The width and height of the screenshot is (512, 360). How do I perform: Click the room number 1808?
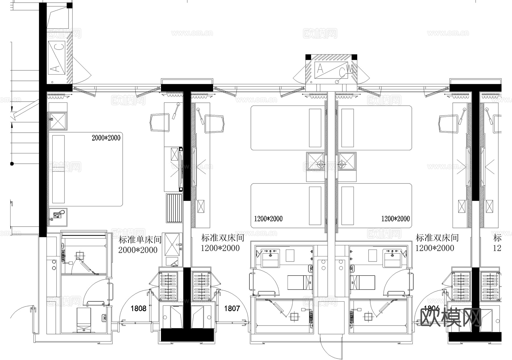pyautogui.click(x=138, y=308)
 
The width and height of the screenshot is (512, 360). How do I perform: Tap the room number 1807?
pyautogui.click(x=232, y=308)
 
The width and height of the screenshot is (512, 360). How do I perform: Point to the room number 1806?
pyautogui.click(x=432, y=308)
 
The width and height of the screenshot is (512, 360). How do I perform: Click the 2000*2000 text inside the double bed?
pyautogui.click(x=106, y=138)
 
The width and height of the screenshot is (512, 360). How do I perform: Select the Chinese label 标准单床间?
pyautogui.click(x=140, y=240)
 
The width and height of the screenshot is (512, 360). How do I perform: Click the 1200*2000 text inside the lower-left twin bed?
pyautogui.click(x=268, y=219)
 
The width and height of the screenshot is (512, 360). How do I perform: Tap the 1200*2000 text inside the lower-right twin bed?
pyautogui.click(x=395, y=219)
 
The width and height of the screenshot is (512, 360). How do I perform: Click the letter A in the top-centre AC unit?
pyautogui.click(x=320, y=69)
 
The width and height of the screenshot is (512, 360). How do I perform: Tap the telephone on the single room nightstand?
pyautogui.click(x=58, y=215)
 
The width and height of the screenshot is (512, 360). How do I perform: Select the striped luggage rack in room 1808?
pyautogui.click(x=174, y=208)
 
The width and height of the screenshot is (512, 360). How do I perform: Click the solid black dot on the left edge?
pyautogui.click(x=12, y=164)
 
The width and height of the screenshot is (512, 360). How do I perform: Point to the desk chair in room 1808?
pyautogui.click(x=159, y=122)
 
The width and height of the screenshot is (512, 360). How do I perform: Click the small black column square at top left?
pyautogui.click(x=69, y=5)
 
